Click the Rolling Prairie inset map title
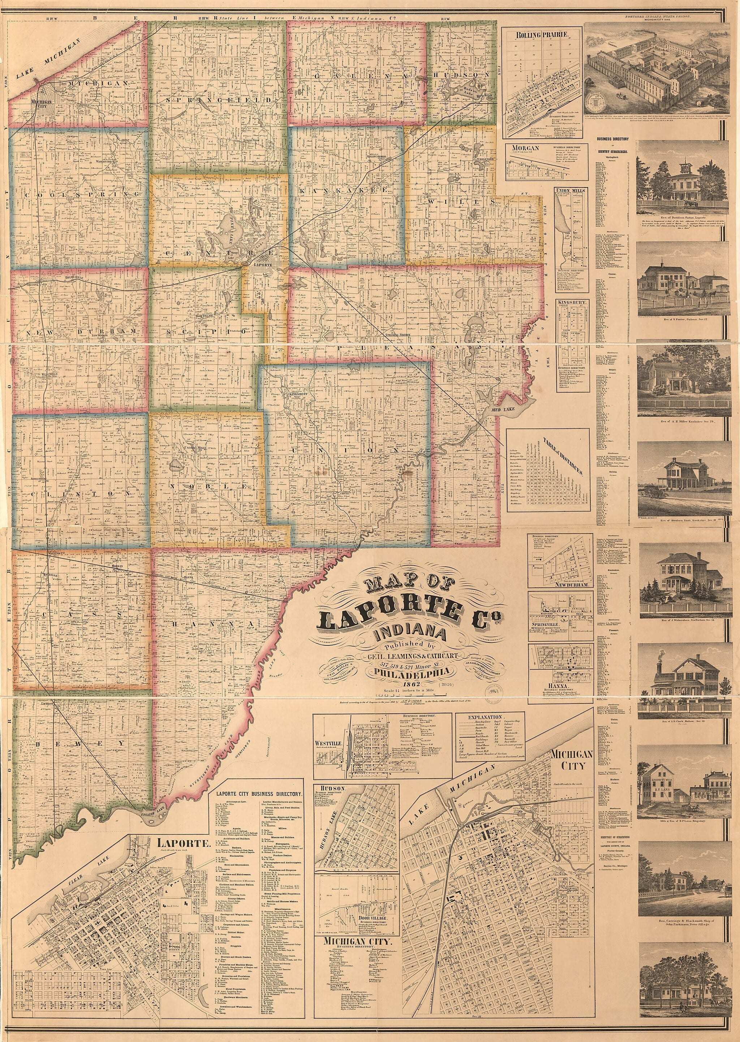(x=541, y=35)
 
